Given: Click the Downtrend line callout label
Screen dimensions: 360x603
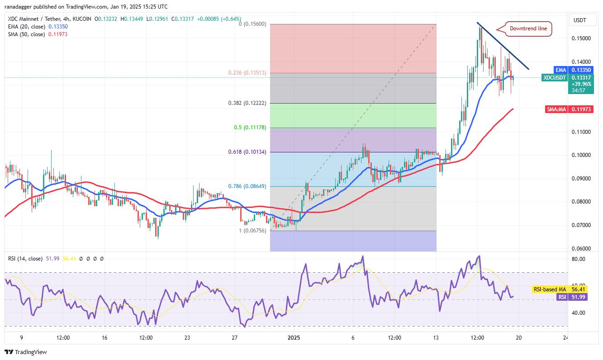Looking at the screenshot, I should tap(528, 28).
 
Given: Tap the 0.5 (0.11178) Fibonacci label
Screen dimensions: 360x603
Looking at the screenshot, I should tap(252, 128).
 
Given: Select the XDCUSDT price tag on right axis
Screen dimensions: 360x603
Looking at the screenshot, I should tap(555, 78).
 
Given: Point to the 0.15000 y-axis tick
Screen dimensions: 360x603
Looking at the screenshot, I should tap(581, 38).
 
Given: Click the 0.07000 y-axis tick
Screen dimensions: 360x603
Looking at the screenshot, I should tap(581, 225).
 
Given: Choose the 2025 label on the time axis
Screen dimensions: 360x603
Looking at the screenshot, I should tap(294, 338).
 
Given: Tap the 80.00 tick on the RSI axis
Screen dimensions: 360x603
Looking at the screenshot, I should tap(579, 259).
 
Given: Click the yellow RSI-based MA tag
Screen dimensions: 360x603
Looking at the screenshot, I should tap(548, 289).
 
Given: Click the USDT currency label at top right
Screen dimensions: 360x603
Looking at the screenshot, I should tap(580, 20).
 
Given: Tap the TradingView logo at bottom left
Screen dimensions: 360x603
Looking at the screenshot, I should tap(26, 352).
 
